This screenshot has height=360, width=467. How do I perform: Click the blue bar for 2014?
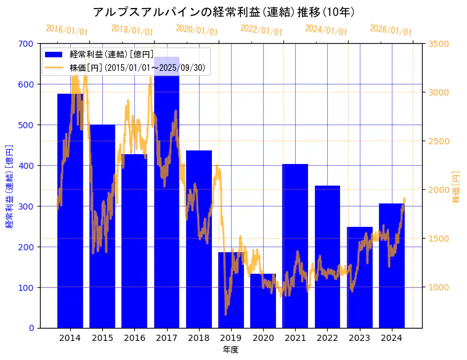pyautogui.click(x=70, y=210)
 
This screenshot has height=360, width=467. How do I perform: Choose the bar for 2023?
pyautogui.click(x=359, y=277)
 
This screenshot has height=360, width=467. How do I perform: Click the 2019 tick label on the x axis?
pyautogui.click(x=231, y=338)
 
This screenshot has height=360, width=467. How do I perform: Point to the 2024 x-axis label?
pyautogui.click(x=392, y=338)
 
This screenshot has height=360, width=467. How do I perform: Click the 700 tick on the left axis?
pyautogui.click(x=26, y=44)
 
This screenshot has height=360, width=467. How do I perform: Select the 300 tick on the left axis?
pyautogui.click(x=26, y=207)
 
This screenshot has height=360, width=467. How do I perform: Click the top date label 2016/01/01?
pyautogui.click(x=67, y=30)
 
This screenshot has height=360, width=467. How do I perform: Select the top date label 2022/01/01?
pyautogui.click(x=261, y=30)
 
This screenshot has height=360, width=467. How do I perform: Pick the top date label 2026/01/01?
pyautogui.click(x=391, y=30)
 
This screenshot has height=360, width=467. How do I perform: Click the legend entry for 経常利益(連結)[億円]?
pyautogui.click(x=111, y=55)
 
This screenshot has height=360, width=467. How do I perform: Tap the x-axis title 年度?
pyautogui.click(x=230, y=350)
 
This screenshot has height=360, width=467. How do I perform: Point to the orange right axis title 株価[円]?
pyautogui.click(x=457, y=187)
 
